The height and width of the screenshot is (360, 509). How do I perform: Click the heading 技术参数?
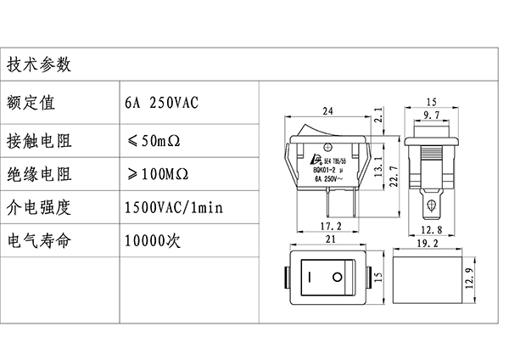click(38, 65)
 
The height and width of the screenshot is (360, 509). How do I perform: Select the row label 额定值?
click(31, 103)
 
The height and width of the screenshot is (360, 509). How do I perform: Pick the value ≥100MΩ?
click(159, 174)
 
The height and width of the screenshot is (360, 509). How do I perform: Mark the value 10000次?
click(153, 240)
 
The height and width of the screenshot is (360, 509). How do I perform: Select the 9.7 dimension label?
click(431, 114)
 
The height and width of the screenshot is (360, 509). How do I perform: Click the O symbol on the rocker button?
click(338, 278)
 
